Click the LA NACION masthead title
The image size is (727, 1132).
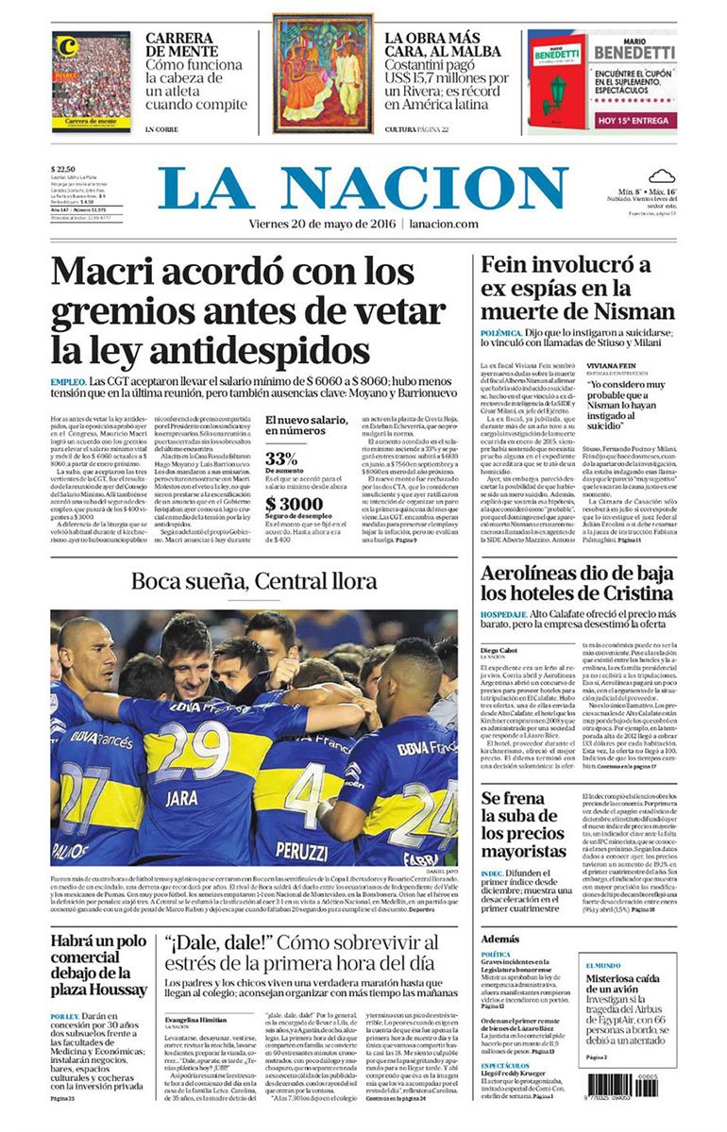(x=363, y=189)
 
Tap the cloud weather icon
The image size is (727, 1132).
(x=660, y=175)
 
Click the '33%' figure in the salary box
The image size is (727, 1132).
(x=281, y=458)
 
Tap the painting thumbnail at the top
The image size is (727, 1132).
(x=323, y=74)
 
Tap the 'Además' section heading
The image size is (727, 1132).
(x=499, y=940)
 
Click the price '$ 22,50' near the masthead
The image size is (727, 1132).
(x=65, y=170)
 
